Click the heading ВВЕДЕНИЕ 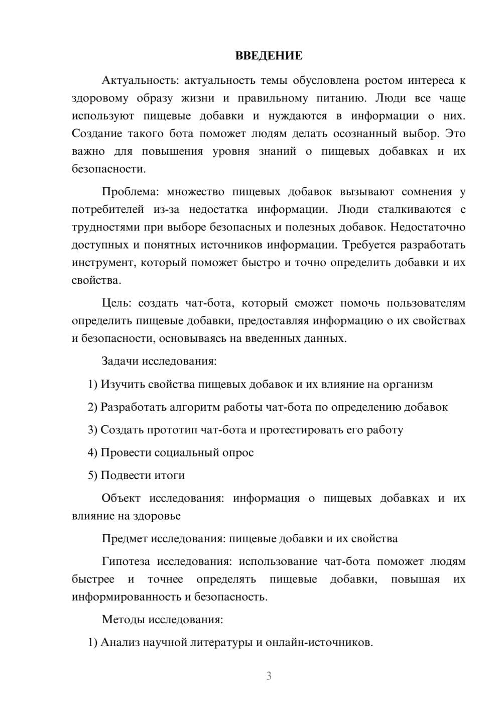[x=269, y=56]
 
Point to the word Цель [x=116, y=303]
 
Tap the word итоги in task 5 [x=170, y=475]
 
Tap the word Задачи [x=120, y=361]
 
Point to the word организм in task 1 [x=408, y=384]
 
